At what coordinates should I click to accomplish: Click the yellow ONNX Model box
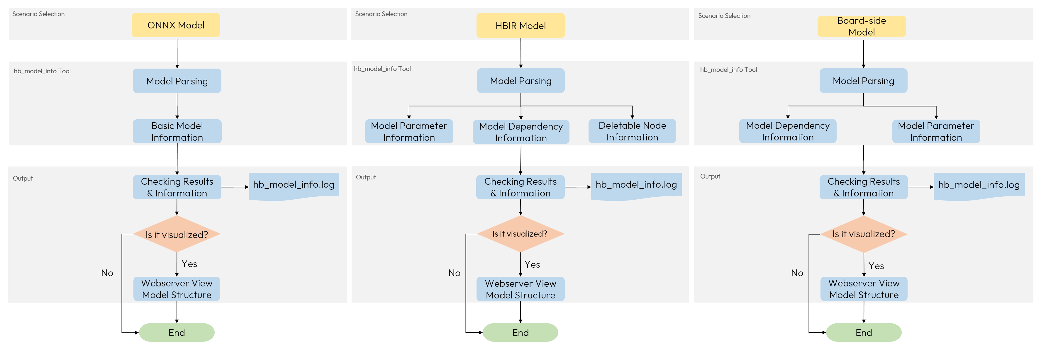(x=176, y=25)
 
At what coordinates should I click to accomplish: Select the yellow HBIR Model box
(x=520, y=26)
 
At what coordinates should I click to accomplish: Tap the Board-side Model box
(x=861, y=26)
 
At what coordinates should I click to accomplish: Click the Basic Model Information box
(x=177, y=131)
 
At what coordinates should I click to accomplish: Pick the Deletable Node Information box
(x=632, y=131)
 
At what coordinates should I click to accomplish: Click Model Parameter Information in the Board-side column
(x=936, y=131)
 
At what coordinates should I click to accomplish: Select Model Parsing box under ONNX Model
(x=177, y=81)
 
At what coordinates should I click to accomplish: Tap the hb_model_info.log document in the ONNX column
(x=294, y=185)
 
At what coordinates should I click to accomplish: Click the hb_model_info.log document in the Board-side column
(x=979, y=185)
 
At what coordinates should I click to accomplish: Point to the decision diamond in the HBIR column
(x=520, y=234)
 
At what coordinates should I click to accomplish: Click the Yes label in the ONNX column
(x=189, y=264)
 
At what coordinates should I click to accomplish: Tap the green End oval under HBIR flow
(x=520, y=332)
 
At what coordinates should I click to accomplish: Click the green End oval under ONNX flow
(x=177, y=332)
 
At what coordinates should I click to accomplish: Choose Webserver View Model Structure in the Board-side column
(x=864, y=288)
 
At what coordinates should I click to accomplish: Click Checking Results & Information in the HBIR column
(x=520, y=187)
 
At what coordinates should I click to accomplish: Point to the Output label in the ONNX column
(x=23, y=178)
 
